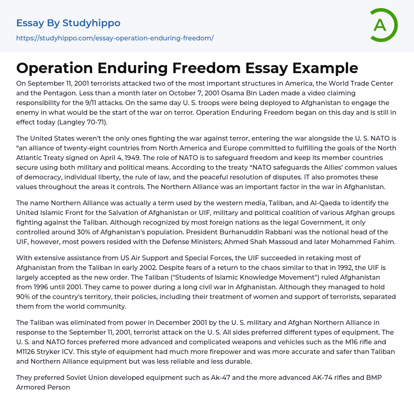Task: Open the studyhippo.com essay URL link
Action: (115, 38)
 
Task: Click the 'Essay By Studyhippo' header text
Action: (68, 23)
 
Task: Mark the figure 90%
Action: (25, 297)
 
